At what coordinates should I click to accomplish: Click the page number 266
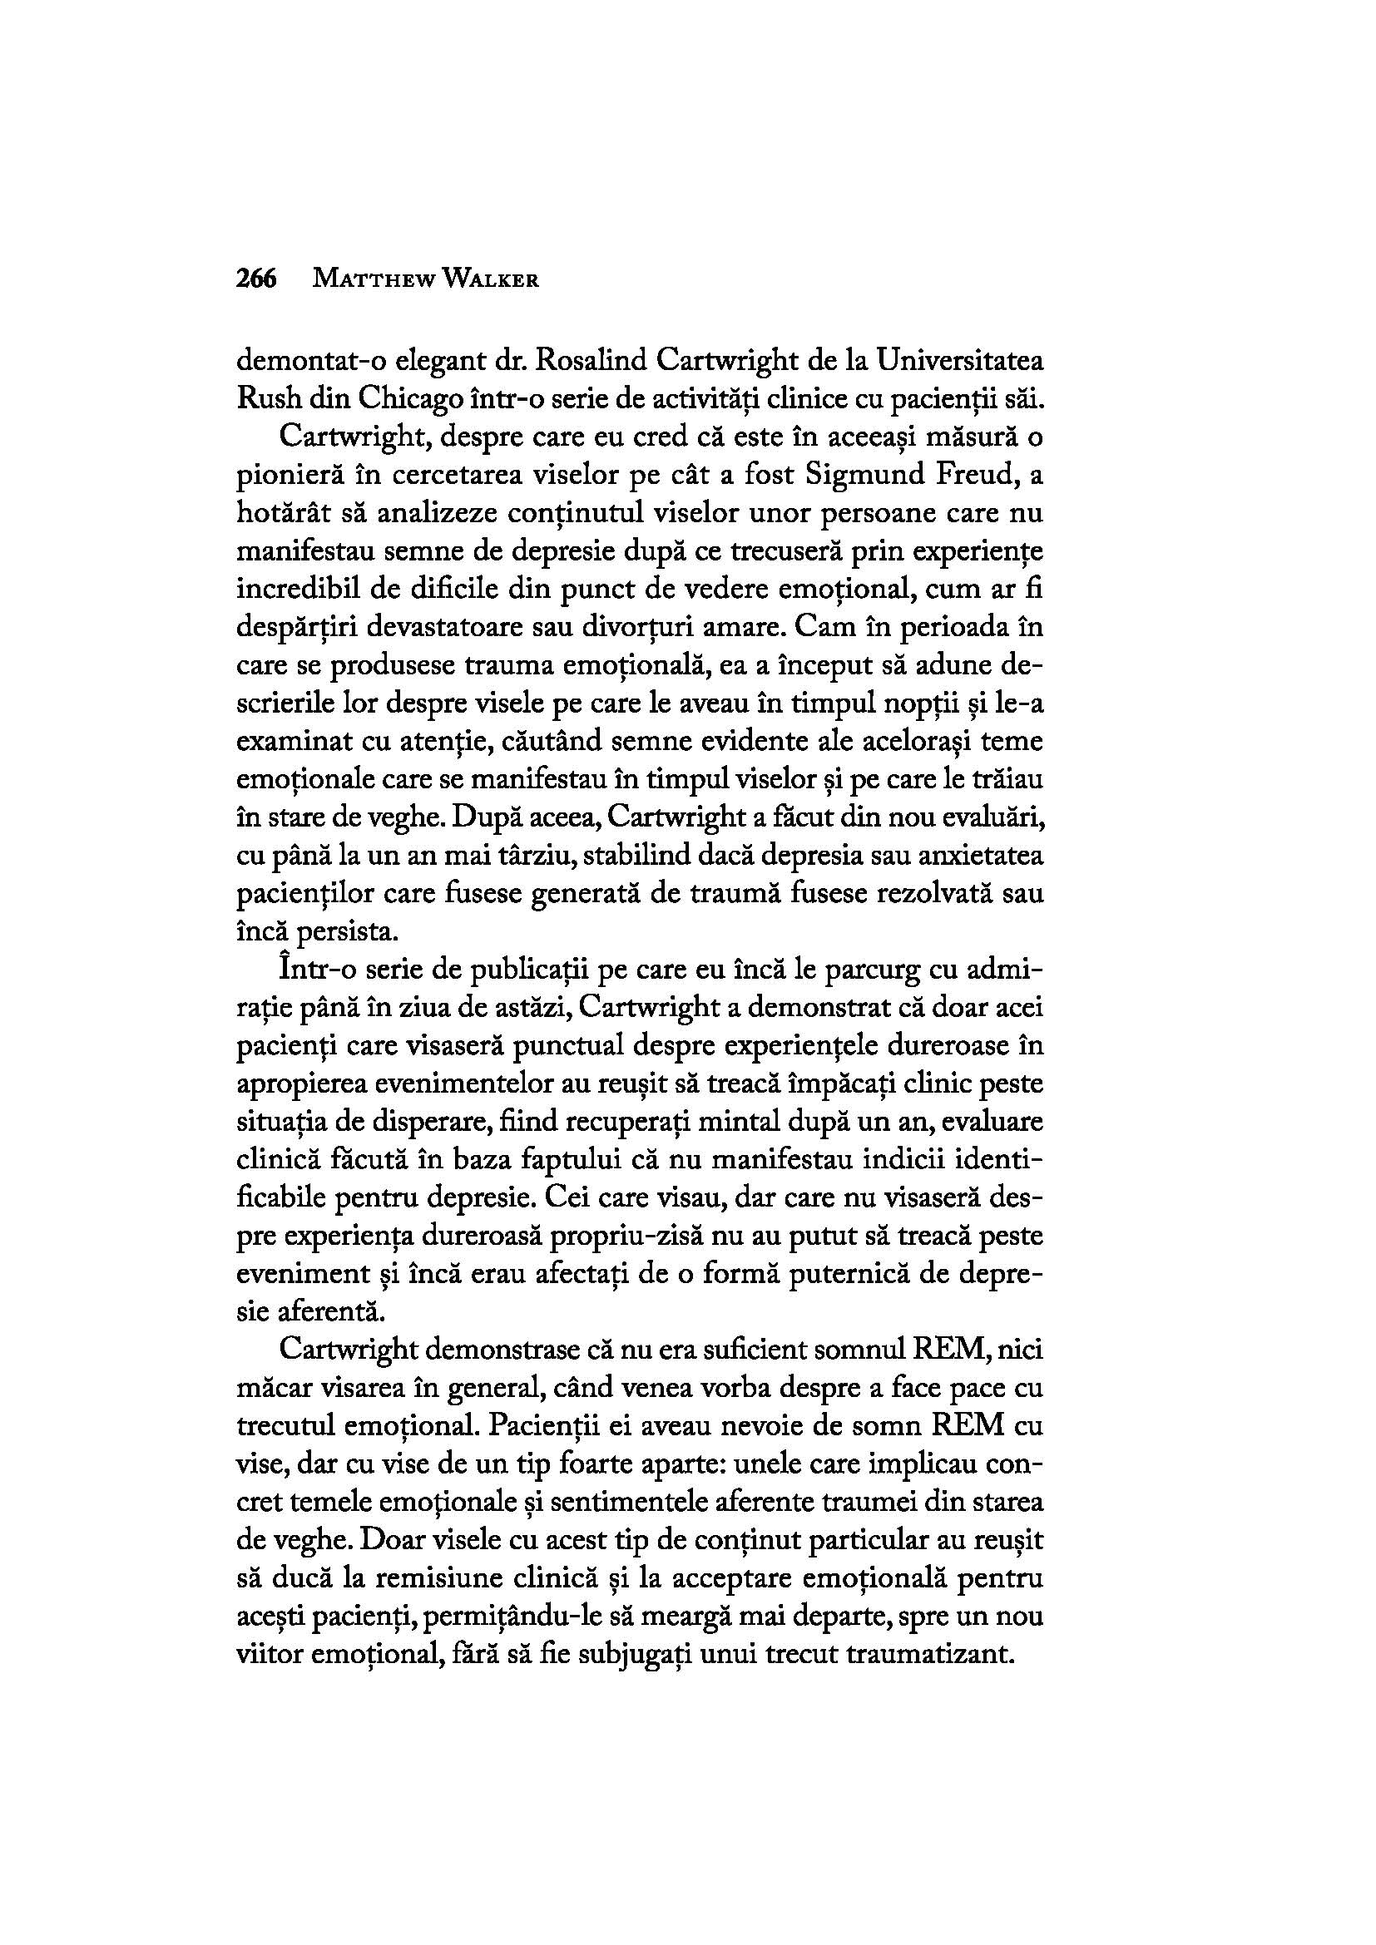(257, 279)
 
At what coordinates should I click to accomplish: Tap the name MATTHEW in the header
(369, 279)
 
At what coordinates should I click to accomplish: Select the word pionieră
(294, 476)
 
